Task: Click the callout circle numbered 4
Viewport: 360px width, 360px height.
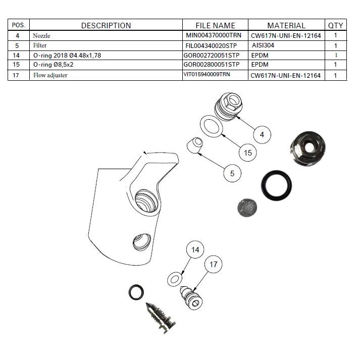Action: click(x=262, y=135)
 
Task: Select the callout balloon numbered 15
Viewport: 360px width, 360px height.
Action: click(x=247, y=152)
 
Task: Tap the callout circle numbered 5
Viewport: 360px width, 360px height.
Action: click(x=232, y=173)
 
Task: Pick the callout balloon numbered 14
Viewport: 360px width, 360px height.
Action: click(x=195, y=250)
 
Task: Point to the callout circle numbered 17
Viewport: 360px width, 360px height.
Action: click(x=214, y=265)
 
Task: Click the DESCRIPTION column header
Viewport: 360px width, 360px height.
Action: click(x=106, y=25)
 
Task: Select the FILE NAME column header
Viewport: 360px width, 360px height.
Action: click(x=215, y=25)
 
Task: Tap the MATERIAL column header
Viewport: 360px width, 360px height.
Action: click(x=286, y=25)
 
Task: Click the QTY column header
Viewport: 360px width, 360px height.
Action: click(x=335, y=25)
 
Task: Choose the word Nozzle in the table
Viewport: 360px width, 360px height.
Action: click(x=42, y=36)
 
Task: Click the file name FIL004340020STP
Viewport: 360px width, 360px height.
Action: click(x=212, y=45)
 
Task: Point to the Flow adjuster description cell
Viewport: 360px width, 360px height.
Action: click(x=50, y=75)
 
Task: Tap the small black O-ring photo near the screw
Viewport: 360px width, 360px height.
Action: click(x=136, y=291)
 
